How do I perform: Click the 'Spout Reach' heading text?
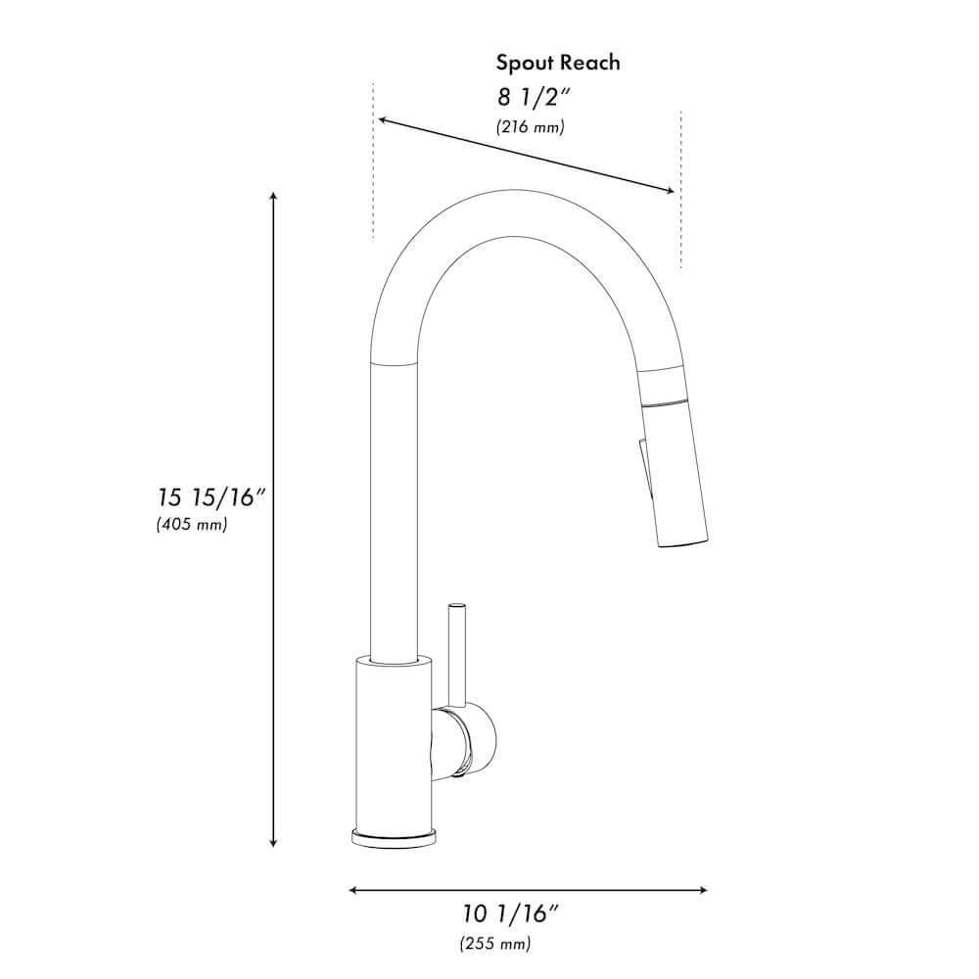(x=557, y=64)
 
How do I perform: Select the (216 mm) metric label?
(x=530, y=127)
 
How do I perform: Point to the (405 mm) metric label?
(x=192, y=525)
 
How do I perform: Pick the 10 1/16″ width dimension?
(x=510, y=914)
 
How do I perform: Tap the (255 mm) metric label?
(x=495, y=944)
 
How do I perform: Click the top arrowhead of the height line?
(x=274, y=197)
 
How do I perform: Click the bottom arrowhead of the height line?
(x=274, y=843)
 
